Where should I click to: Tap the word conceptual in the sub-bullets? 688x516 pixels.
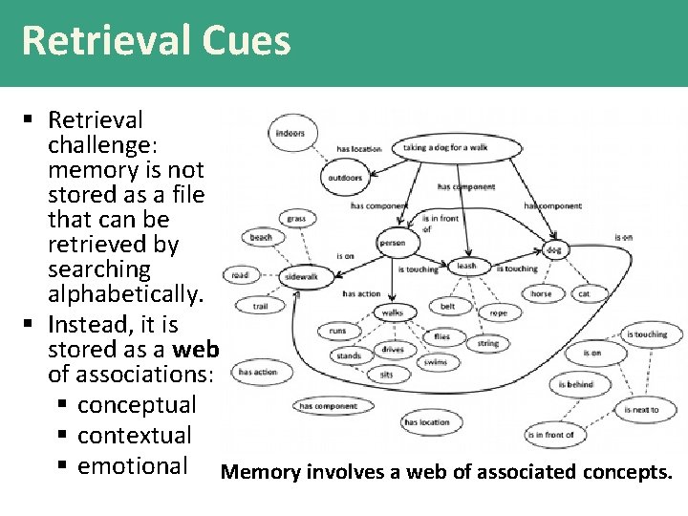click(x=136, y=405)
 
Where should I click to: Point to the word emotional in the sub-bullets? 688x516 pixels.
click(x=133, y=465)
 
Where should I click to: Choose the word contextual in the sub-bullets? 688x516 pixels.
click(x=135, y=436)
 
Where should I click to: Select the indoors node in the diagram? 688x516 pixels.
click(x=290, y=133)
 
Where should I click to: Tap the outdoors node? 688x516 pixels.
click(x=345, y=177)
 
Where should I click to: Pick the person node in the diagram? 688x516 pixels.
click(x=392, y=243)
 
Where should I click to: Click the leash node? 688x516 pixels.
click(x=466, y=266)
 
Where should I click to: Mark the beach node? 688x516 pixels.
click(x=261, y=237)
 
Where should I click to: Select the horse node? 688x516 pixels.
click(x=541, y=293)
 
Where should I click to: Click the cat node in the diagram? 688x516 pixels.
click(x=584, y=293)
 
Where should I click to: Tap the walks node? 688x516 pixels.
click(x=392, y=312)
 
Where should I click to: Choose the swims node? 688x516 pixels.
click(x=435, y=362)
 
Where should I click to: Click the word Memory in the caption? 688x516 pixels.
click(x=260, y=472)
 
